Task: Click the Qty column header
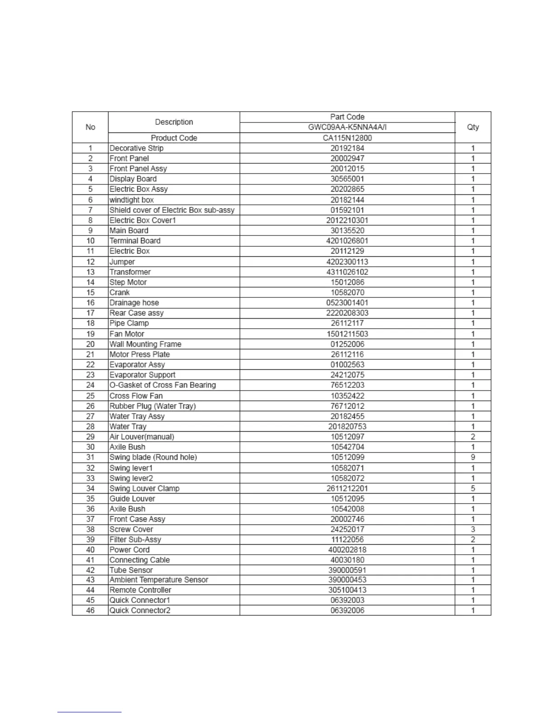pyautogui.click(x=473, y=127)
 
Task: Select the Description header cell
pyautogui.click(x=174, y=122)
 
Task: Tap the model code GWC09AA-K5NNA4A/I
pyautogui.click(x=347, y=127)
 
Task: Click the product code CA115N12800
pyautogui.click(x=347, y=138)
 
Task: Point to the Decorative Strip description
pyautogui.click(x=136, y=148)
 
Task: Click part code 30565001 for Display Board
pyautogui.click(x=347, y=179)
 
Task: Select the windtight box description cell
pyautogui.click(x=131, y=200)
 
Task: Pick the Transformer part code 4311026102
pyautogui.click(x=347, y=272)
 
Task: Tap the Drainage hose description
pyautogui.click(x=134, y=303)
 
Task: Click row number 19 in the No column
pyautogui.click(x=90, y=334)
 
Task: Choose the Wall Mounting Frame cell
pyautogui.click(x=145, y=344)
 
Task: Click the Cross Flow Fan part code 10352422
pyautogui.click(x=347, y=396)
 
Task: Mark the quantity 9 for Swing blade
pyautogui.click(x=473, y=457)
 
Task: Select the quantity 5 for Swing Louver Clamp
pyautogui.click(x=473, y=489)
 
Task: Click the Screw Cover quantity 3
pyautogui.click(x=473, y=529)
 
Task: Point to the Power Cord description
pyautogui.click(x=129, y=550)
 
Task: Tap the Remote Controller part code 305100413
pyautogui.click(x=347, y=590)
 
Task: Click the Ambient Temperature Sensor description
pyautogui.click(x=159, y=580)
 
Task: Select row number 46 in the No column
pyautogui.click(x=90, y=611)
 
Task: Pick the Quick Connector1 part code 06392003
pyautogui.click(x=347, y=600)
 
